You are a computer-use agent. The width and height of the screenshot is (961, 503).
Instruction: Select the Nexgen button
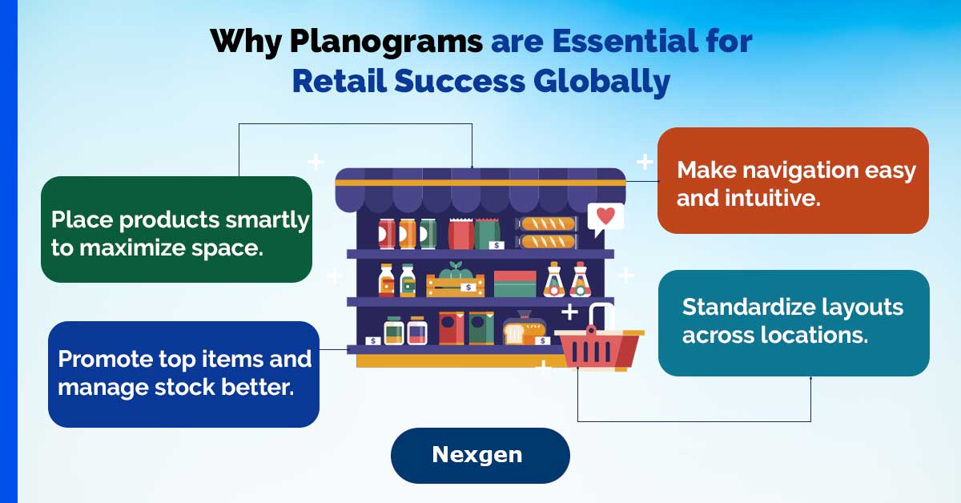[480, 456]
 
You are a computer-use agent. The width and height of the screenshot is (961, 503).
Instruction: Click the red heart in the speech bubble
[605, 215]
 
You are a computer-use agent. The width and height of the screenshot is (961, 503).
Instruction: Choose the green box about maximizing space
[176, 229]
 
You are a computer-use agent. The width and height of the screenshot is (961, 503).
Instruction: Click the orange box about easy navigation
[793, 180]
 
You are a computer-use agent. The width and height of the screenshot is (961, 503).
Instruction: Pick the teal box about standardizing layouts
[794, 323]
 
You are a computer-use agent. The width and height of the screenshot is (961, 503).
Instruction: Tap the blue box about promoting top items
[183, 374]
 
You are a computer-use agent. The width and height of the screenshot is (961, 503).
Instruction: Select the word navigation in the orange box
[800, 171]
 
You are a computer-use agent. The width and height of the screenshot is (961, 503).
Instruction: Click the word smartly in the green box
[267, 220]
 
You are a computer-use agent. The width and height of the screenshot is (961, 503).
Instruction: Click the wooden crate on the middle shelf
[455, 285]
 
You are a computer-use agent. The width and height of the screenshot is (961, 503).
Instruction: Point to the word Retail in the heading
[340, 82]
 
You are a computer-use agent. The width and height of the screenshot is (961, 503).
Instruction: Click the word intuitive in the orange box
[773, 199]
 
